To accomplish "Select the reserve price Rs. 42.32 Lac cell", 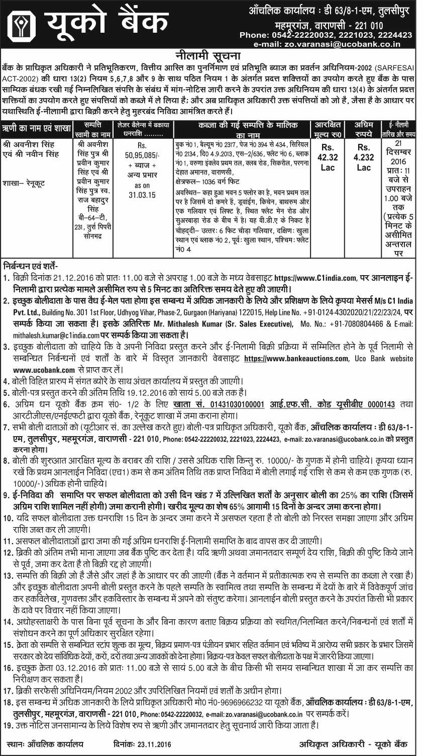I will [x=328, y=157].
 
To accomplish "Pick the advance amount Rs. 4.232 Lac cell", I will [x=364, y=157].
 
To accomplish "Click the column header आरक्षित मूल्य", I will [x=328, y=129].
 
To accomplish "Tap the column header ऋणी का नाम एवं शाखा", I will [x=36, y=129].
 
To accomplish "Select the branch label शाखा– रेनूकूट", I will [x=24, y=183].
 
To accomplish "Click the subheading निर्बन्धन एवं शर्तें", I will [x=31, y=266].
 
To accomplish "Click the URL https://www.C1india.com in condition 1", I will [x=315, y=278].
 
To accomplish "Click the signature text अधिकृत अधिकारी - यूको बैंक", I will [x=353, y=744].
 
